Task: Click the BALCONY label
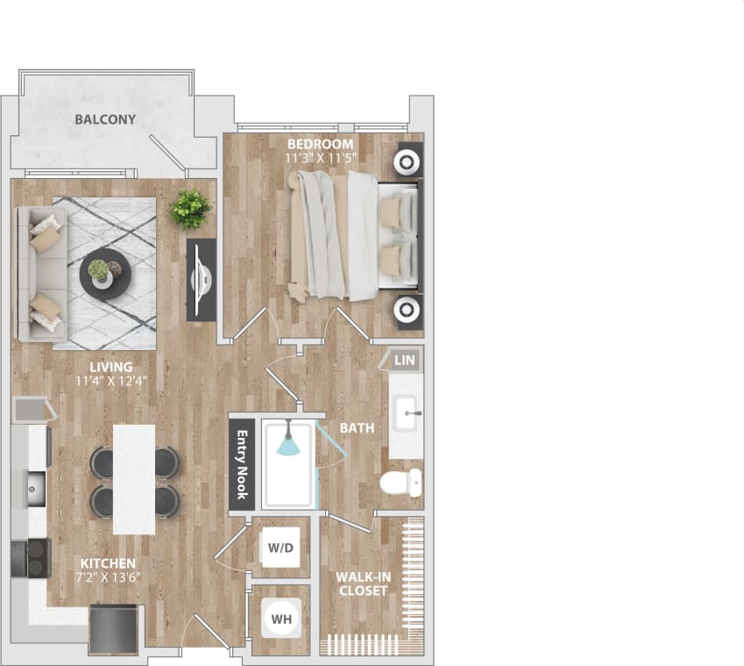[105, 119]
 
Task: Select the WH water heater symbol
[280, 618]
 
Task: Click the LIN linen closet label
[404, 360]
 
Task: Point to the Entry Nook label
[243, 465]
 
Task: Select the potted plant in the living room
[190, 209]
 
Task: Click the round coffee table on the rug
[106, 274]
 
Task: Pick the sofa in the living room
[40, 274]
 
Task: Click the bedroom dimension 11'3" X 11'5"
[321, 158]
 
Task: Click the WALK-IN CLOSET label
[364, 584]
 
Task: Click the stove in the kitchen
[29, 558]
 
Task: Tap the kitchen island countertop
[134, 479]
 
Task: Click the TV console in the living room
[202, 279]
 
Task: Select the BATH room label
[358, 428]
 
